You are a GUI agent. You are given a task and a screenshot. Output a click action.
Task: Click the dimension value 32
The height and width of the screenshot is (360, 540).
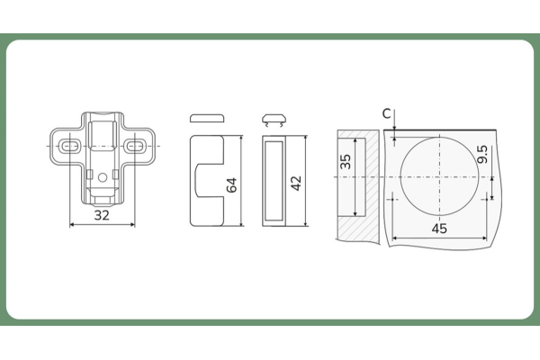(102, 215)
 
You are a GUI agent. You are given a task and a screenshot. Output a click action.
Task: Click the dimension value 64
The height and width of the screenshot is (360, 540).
(232, 185)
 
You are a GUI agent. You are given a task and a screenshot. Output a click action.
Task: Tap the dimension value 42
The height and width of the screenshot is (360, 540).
(296, 183)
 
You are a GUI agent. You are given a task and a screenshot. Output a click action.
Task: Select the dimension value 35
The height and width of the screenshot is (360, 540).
(346, 162)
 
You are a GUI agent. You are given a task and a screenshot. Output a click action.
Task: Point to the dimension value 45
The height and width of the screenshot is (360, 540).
(439, 229)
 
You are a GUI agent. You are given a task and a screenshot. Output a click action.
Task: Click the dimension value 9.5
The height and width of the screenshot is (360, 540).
(482, 154)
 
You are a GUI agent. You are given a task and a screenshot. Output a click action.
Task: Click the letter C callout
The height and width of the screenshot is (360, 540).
(387, 113)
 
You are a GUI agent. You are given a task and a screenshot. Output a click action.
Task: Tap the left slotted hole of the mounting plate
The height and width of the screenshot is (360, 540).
(69, 146)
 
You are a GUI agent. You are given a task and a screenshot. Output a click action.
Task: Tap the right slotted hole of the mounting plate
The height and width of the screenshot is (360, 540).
(135, 146)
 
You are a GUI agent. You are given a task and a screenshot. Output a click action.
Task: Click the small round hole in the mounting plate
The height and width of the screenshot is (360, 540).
(103, 177)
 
